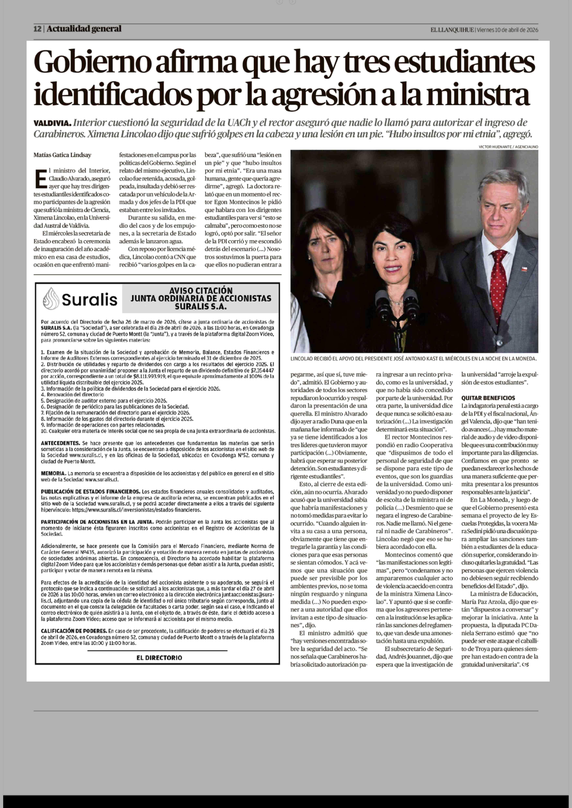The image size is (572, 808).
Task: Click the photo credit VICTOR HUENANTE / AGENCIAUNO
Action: tap(508, 147)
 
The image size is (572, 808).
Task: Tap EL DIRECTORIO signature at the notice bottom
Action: tap(159, 658)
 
